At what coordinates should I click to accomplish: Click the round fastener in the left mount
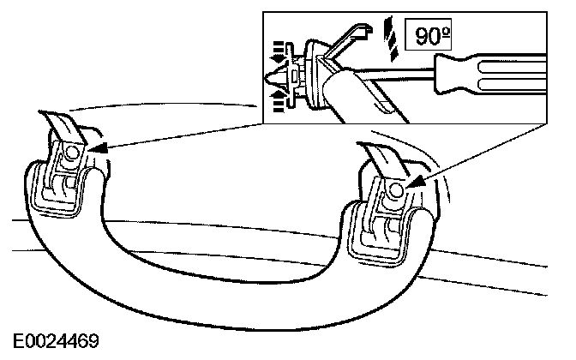[x=70, y=153]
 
